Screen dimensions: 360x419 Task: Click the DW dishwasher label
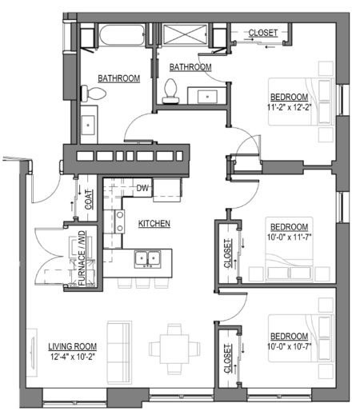click(x=142, y=188)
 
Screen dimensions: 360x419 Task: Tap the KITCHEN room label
click(x=154, y=223)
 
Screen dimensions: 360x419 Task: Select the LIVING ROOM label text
click(x=73, y=346)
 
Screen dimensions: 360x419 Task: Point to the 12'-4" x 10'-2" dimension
click(x=73, y=357)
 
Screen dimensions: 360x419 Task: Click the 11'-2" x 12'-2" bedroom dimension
click(x=289, y=107)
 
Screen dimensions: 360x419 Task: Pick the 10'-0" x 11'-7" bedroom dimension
click(x=290, y=237)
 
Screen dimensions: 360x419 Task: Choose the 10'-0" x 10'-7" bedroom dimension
click(x=290, y=346)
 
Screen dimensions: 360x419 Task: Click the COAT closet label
click(x=89, y=199)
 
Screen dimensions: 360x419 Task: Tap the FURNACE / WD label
click(x=82, y=258)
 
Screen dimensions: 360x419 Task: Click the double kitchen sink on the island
click(x=148, y=258)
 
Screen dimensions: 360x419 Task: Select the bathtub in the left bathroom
click(x=122, y=35)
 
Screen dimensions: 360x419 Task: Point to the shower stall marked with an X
click(x=185, y=34)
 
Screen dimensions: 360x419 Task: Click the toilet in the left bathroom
click(x=94, y=94)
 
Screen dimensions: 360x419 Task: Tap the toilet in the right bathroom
click(x=170, y=91)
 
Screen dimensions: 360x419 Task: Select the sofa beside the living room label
click(x=119, y=353)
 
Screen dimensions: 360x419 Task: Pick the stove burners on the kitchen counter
click(x=120, y=221)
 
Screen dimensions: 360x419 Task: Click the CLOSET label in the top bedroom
click(x=263, y=33)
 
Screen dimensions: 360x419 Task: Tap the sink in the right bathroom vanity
click(x=207, y=97)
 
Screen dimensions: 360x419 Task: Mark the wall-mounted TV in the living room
click(x=33, y=353)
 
